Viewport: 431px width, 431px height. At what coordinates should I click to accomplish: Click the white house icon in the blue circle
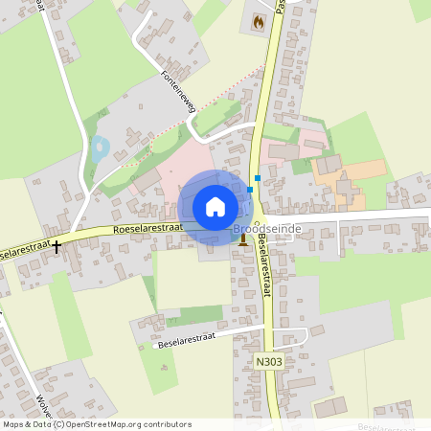[215, 206]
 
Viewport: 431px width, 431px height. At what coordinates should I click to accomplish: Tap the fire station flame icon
[257, 21]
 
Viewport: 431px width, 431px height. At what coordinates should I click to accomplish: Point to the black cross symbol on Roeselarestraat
[57, 246]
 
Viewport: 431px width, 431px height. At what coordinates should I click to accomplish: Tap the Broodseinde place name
[267, 230]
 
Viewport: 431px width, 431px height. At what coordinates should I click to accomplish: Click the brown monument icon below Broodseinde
[243, 240]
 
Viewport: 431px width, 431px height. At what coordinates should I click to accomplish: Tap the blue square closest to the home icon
[250, 190]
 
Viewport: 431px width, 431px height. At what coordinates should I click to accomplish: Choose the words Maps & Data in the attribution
[27, 423]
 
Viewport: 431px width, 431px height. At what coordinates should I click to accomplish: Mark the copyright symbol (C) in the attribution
[58, 423]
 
